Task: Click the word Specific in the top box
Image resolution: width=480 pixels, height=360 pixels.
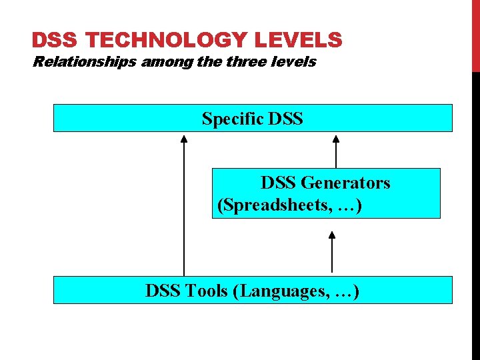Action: [x=232, y=119]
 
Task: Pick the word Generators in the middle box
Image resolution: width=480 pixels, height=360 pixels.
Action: [x=345, y=183]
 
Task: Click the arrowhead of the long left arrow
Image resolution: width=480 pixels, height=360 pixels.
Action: [x=184, y=139]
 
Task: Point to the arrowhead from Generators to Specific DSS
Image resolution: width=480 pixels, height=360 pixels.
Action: [x=336, y=139]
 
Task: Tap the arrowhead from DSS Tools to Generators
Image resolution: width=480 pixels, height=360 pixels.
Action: [x=332, y=234]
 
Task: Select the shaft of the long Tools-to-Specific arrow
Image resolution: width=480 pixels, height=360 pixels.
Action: [x=184, y=213]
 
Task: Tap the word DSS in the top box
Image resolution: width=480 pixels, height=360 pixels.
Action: [x=285, y=119]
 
